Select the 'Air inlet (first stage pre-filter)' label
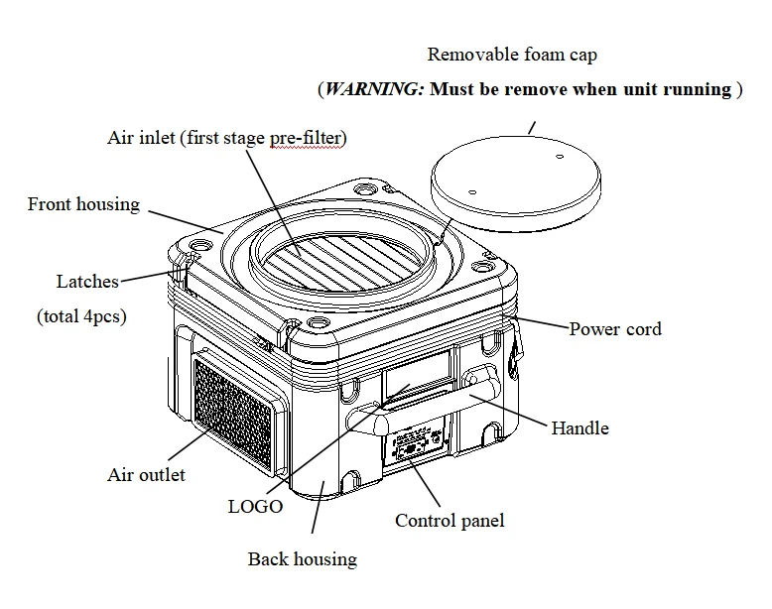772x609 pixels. [x=227, y=138]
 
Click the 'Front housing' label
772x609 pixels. [x=83, y=204]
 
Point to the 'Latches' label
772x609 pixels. [x=86, y=282]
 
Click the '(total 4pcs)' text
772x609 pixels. [x=81, y=316]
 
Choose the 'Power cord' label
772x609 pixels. [x=615, y=328]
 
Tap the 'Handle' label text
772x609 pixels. [x=579, y=427]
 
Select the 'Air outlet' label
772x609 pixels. [x=146, y=475]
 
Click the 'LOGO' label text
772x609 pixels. [x=255, y=506]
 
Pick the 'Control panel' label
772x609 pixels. [x=450, y=520]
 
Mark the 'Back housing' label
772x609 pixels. [x=302, y=559]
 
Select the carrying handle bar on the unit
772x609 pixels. [x=437, y=402]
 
